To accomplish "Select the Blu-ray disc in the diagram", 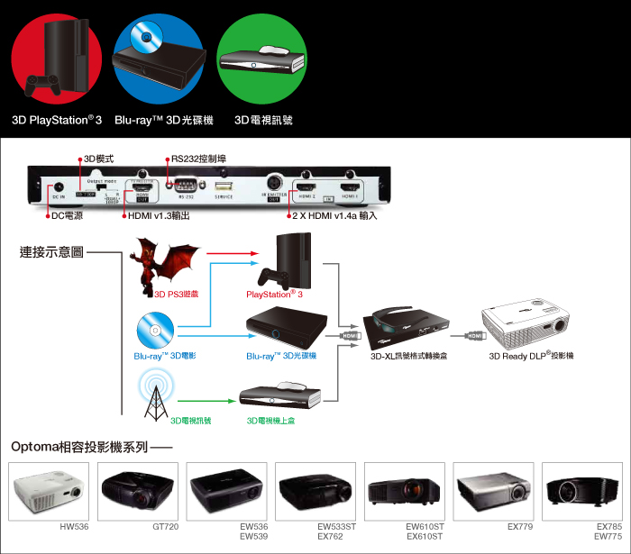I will (x=155, y=331).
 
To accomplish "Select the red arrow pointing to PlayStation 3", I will (x=229, y=255).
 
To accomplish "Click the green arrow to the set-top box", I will (x=207, y=398).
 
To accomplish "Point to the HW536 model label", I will (x=74, y=526).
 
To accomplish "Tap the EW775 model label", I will (x=608, y=537).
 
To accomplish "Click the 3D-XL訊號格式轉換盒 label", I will (x=409, y=356).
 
